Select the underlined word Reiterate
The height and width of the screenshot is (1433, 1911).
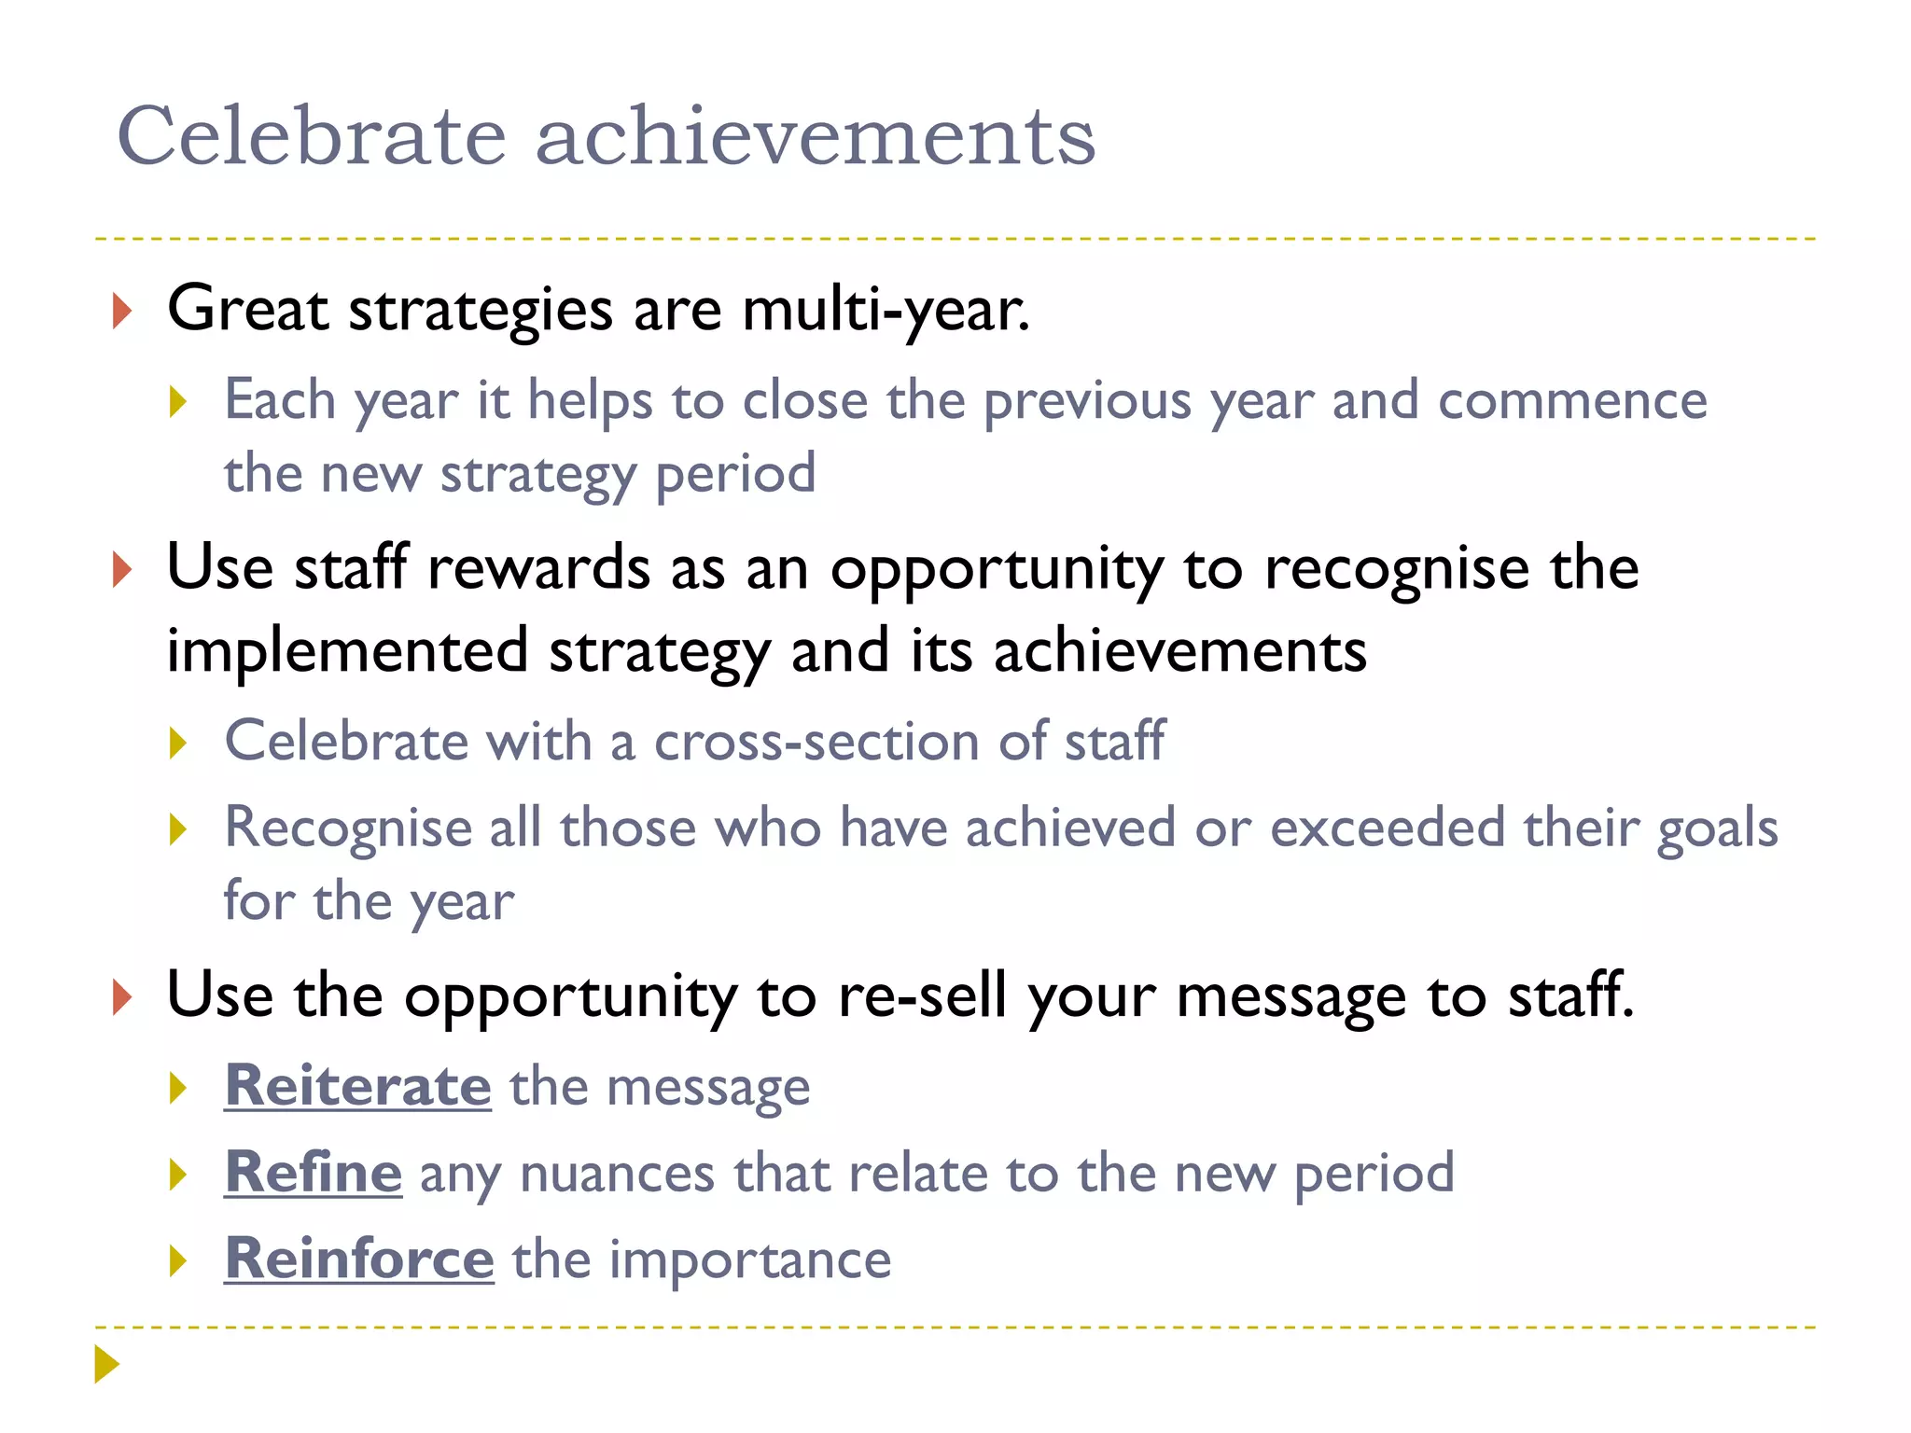click(x=357, y=1086)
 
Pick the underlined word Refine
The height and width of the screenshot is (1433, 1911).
click(x=314, y=1173)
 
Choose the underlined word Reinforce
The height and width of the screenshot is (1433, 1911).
click(x=359, y=1259)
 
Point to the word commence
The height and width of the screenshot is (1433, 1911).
click(x=1572, y=401)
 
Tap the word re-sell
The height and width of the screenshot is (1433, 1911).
click(x=922, y=995)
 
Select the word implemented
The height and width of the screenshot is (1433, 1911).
click(x=347, y=650)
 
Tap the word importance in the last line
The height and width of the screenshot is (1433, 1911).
click(x=750, y=1259)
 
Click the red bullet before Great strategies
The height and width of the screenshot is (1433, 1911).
click(x=121, y=311)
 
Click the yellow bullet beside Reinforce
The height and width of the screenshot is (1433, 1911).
click(x=178, y=1261)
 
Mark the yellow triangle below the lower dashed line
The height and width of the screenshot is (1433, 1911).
click(x=106, y=1364)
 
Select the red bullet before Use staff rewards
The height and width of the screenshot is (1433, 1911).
click(x=121, y=569)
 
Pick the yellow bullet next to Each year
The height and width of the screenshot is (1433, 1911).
click(x=178, y=403)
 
